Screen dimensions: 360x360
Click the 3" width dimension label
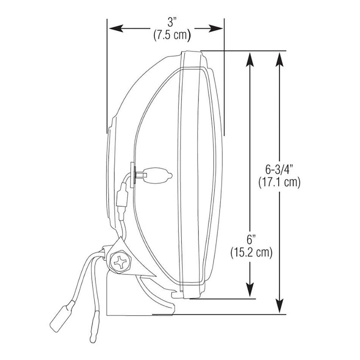[x=172, y=22]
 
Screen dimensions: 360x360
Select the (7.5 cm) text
[x=172, y=35]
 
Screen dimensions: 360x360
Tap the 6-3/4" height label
[x=279, y=170]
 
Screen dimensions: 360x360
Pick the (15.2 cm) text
[x=251, y=252]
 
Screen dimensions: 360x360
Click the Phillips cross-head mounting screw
[x=120, y=263]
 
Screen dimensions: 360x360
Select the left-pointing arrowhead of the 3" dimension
[x=116, y=28]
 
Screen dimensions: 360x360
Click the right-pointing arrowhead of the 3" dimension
[x=215, y=28]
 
